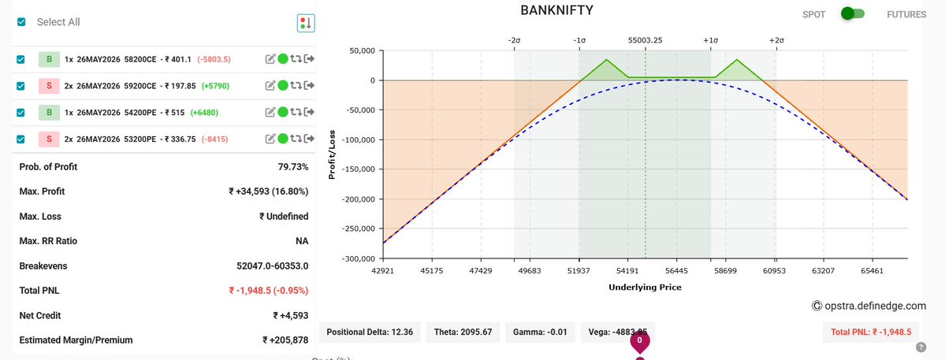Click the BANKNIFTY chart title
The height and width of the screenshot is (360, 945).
tap(556, 11)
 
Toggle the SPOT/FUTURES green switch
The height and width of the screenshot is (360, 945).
tap(852, 13)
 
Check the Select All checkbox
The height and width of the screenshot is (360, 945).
tap(21, 22)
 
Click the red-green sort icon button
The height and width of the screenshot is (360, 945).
tap(306, 23)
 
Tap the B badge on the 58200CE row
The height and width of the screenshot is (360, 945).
tap(48, 59)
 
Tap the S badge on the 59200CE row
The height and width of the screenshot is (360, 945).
tap(48, 86)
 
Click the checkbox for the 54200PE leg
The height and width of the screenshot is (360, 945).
tap(21, 113)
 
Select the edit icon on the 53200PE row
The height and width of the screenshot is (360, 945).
tap(270, 139)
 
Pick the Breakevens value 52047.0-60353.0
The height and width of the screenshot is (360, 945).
tap(272, 266)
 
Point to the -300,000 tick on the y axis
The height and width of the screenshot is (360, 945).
tap(354, 258)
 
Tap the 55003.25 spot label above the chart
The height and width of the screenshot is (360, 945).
tap(645, 39)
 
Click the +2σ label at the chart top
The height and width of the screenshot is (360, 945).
tap(776, 39)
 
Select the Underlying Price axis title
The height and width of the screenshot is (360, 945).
tap(645, 288)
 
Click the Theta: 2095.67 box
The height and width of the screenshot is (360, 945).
tap(463, 332)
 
